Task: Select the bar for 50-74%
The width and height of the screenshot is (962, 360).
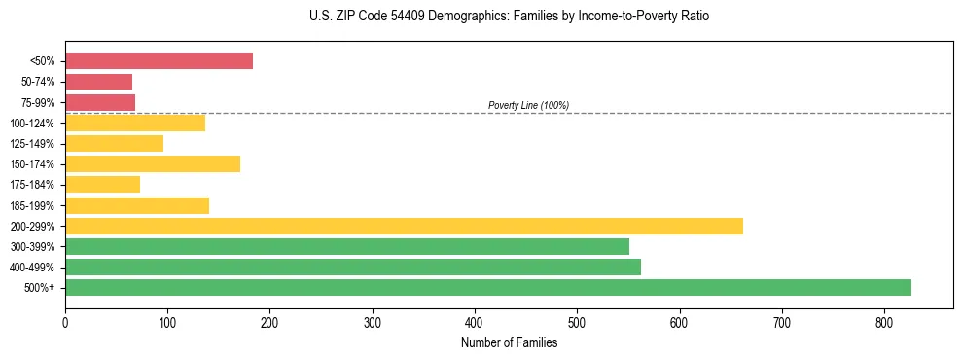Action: click(98, 82)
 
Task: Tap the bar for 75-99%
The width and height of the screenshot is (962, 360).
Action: click(100, 102)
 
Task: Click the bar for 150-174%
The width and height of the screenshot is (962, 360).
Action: click(153, 163)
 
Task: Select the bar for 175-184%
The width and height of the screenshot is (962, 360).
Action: click(102, 184)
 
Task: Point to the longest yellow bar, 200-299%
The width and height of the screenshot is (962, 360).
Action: click(404, 226)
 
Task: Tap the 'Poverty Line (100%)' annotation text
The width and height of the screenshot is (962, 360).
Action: click(528, 105)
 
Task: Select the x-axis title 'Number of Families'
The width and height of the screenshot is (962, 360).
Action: click(509, 342)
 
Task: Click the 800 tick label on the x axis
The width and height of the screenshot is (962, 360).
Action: click(884, 321)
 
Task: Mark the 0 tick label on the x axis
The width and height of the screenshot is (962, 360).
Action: click(65, 321)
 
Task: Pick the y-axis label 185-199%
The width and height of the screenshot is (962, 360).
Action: click(32, 205)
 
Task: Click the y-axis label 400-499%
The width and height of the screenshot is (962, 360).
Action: click(32, 268)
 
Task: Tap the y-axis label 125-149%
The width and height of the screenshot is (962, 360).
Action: click(32, 144)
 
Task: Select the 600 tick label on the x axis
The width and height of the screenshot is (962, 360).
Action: click(679, 321)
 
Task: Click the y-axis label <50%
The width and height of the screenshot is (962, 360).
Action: click(43, 61)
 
